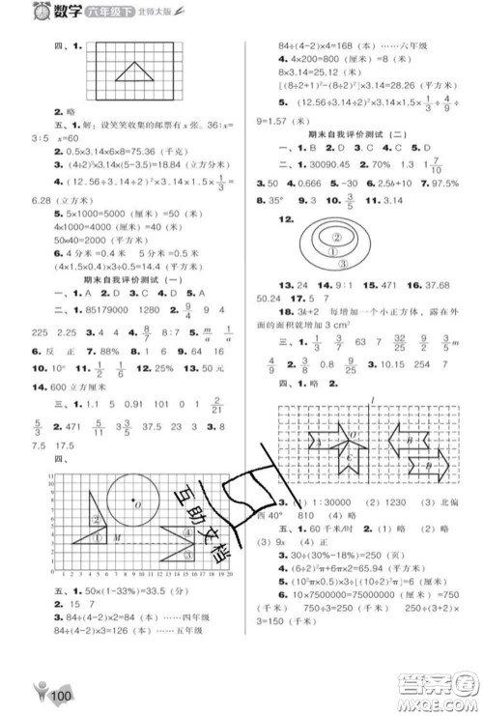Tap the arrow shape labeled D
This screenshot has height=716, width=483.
[418, 469]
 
